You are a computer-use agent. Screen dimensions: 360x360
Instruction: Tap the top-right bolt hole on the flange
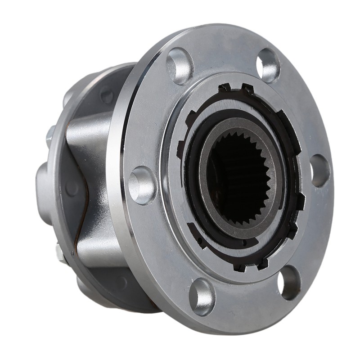[268, 66]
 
